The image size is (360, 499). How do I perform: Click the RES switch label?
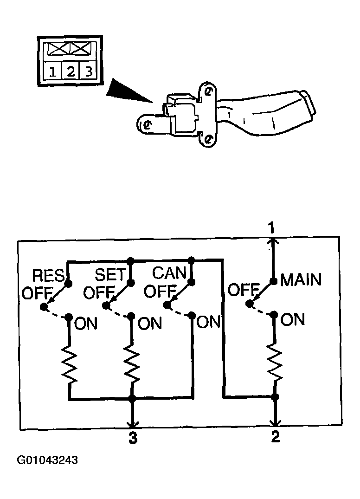pyautogui.click(x=49, y=276)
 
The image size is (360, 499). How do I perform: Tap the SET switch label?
pyautogui.click(x=111, y=274)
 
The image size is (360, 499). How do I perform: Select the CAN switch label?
pyautogui.click(x=169, y=273)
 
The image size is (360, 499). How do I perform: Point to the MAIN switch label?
pyautogui.click(x=301, y=280)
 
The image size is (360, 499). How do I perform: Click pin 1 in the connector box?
pyautogui.click(x=53, y=71)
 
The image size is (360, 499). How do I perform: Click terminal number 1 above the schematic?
pyautogui.click(x=271, y=228)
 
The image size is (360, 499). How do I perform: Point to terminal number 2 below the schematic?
pyautogui.click(x=276, y=436)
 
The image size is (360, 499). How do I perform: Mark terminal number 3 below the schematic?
pyautogui.click(x=133, y=438)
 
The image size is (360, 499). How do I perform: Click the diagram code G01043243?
pyautogui.click(x=47, y=460)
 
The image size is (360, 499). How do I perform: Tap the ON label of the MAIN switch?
pyautogui.click(x=293, y=319)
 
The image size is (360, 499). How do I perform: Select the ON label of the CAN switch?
pyautogui.click(x=208, y=322)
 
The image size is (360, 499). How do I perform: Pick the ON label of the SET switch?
pyautogui.click(x=150, y=324)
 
